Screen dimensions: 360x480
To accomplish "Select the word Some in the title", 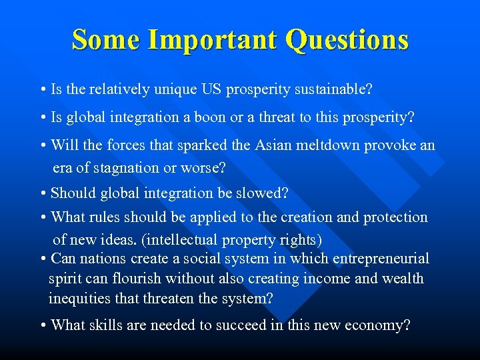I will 105,39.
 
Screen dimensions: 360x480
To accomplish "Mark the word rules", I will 121,217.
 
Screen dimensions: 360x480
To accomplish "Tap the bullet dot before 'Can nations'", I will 43,259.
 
